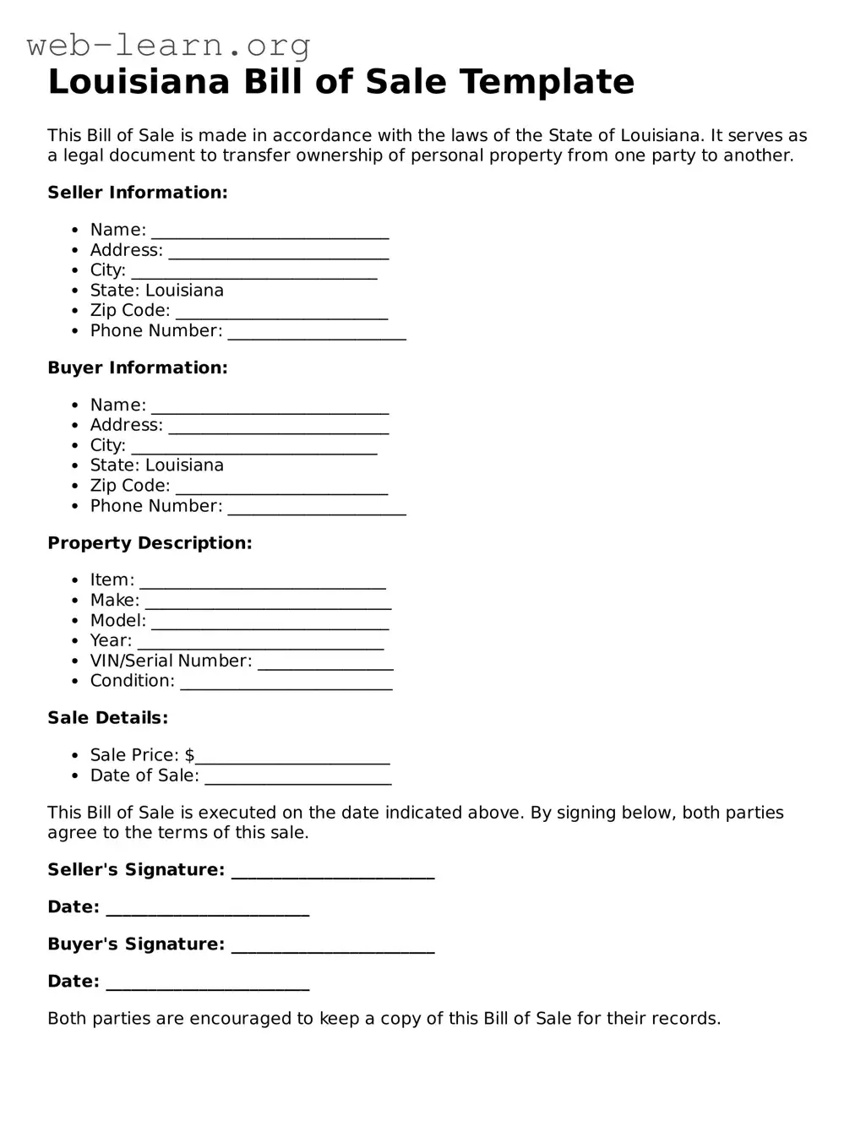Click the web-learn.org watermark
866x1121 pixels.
point(168,45)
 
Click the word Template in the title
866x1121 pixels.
point(547,82)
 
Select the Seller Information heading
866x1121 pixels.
point(138,193)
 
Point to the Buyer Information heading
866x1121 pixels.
point(138,367)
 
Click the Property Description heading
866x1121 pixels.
point(150,543)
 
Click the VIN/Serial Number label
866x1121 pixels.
point(171,661)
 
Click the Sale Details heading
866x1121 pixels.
point(107,718)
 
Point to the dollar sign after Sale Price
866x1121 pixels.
point(189,755)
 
